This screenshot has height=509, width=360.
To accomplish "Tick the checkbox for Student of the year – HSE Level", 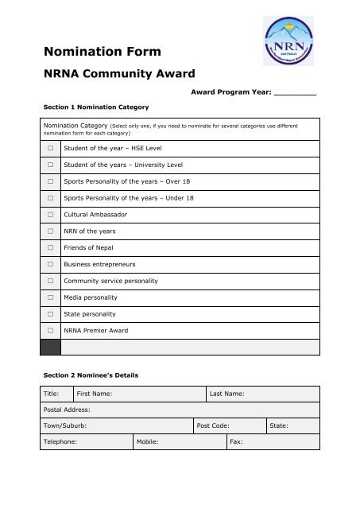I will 50,149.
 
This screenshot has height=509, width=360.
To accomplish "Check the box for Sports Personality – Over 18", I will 50,181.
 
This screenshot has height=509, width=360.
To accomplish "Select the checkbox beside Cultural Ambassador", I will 50,214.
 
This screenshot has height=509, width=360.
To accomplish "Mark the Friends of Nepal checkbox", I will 50,247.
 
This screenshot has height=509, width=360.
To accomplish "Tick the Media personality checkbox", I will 50,297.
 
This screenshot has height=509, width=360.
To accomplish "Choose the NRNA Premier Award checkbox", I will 50,329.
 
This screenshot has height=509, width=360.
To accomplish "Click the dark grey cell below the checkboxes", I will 50,346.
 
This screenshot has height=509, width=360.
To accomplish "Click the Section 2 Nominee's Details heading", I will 96,373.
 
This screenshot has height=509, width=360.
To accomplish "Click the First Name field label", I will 94,394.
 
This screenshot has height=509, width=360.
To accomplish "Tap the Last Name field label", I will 226,394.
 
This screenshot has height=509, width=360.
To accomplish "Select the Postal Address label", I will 67,410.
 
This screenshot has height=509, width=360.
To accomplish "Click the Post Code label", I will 213,426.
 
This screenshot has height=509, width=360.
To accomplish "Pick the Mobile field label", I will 148,442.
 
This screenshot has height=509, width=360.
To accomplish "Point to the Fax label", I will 235,442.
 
